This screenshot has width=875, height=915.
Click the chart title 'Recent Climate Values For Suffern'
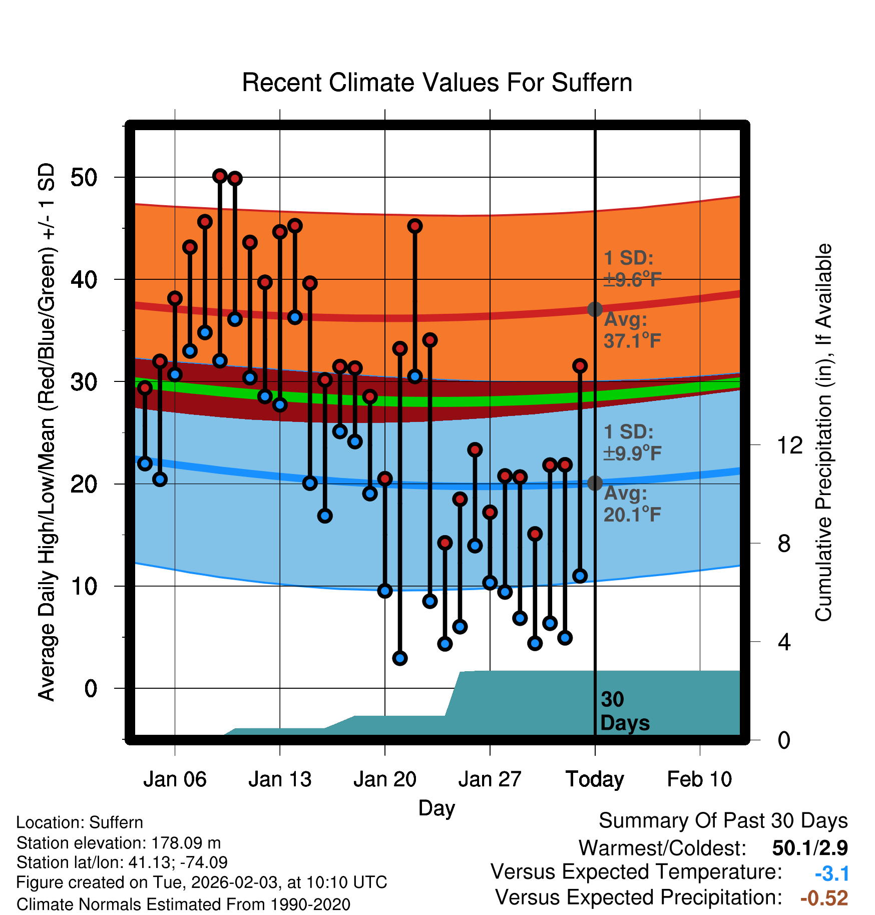[436, 83]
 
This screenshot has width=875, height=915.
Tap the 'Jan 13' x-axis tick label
[280, 779]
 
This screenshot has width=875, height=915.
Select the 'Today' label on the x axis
[595, 779]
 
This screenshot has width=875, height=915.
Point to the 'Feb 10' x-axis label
[699, 779]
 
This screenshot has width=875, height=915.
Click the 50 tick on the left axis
[84, 178]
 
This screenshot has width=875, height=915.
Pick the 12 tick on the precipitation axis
[789, 445]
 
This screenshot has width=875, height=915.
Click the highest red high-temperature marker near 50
[220, 176]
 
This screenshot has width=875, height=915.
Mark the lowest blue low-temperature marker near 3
[400, 658]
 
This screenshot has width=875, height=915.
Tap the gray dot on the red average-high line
[595, 309]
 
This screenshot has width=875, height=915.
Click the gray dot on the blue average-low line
[595, 483]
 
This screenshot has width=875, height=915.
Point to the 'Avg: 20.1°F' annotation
[632, 504]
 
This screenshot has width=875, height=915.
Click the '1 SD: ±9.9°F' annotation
[632, 442]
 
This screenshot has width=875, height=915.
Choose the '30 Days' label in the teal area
[624, 711]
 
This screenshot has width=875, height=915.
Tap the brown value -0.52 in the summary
[824, 898]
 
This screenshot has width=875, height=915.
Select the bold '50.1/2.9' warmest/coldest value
[809, 848]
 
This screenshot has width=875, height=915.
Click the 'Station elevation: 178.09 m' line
[119, 843]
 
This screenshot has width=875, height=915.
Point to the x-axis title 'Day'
[436, 808]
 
